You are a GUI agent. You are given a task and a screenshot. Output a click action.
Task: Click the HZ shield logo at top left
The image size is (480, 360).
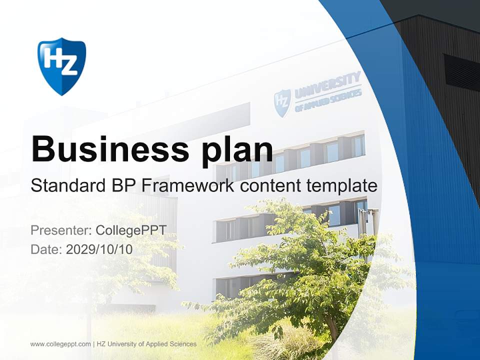(x=62, y=65)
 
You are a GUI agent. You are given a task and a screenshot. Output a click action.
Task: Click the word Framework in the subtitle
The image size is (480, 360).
(x=188, y=186)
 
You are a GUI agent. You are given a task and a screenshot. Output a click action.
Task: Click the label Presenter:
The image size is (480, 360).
(x=60, y=230)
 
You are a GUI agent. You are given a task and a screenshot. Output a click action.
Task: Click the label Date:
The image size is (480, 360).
(x=46, y=249)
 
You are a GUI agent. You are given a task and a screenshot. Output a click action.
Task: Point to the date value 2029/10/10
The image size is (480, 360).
(x=99, y=249)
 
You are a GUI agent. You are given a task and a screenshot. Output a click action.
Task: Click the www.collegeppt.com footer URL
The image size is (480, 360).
(x=60, y=344)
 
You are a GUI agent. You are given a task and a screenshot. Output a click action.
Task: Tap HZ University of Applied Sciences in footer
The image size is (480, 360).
(x=147, y=344)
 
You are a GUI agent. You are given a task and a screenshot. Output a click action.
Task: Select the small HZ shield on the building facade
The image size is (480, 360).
(x=282, y=102)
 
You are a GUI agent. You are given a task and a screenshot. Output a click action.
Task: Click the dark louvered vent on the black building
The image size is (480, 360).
(x=461, y=72)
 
